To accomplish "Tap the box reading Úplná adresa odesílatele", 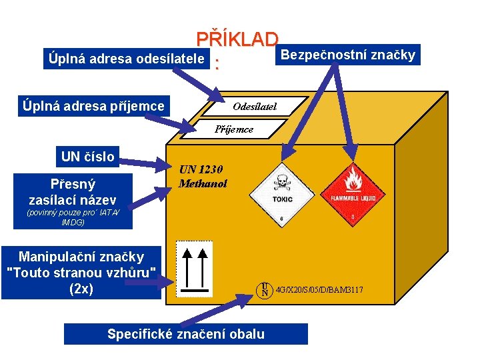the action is coord(126,58).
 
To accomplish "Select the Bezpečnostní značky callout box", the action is coord(347,55).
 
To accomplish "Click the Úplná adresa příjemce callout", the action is coord(93,105).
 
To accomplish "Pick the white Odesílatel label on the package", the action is coord(255,107).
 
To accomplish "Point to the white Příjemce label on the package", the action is coord(234,129).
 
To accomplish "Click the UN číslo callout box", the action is coord(87,157).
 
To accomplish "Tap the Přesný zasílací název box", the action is coord(73,191).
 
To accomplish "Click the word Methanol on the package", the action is coord(203,182).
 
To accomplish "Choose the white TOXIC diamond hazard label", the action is coord(281,191).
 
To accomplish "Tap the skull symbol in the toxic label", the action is coord(281,181).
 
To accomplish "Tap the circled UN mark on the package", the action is coord(265,289).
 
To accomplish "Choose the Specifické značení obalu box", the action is coord(186,334).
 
